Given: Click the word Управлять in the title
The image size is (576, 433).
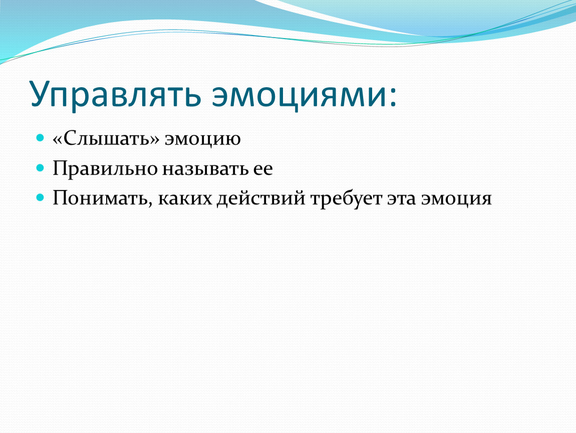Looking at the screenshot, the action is [116, 94].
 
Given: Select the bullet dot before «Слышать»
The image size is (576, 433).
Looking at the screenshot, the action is [40, 138].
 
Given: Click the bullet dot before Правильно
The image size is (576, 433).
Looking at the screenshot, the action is [40, 168].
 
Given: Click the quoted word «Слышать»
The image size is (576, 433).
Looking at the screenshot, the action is [106, 139].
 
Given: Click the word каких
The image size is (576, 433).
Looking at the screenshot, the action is [185, 199].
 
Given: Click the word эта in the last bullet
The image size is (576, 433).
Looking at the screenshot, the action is [402, 199].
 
